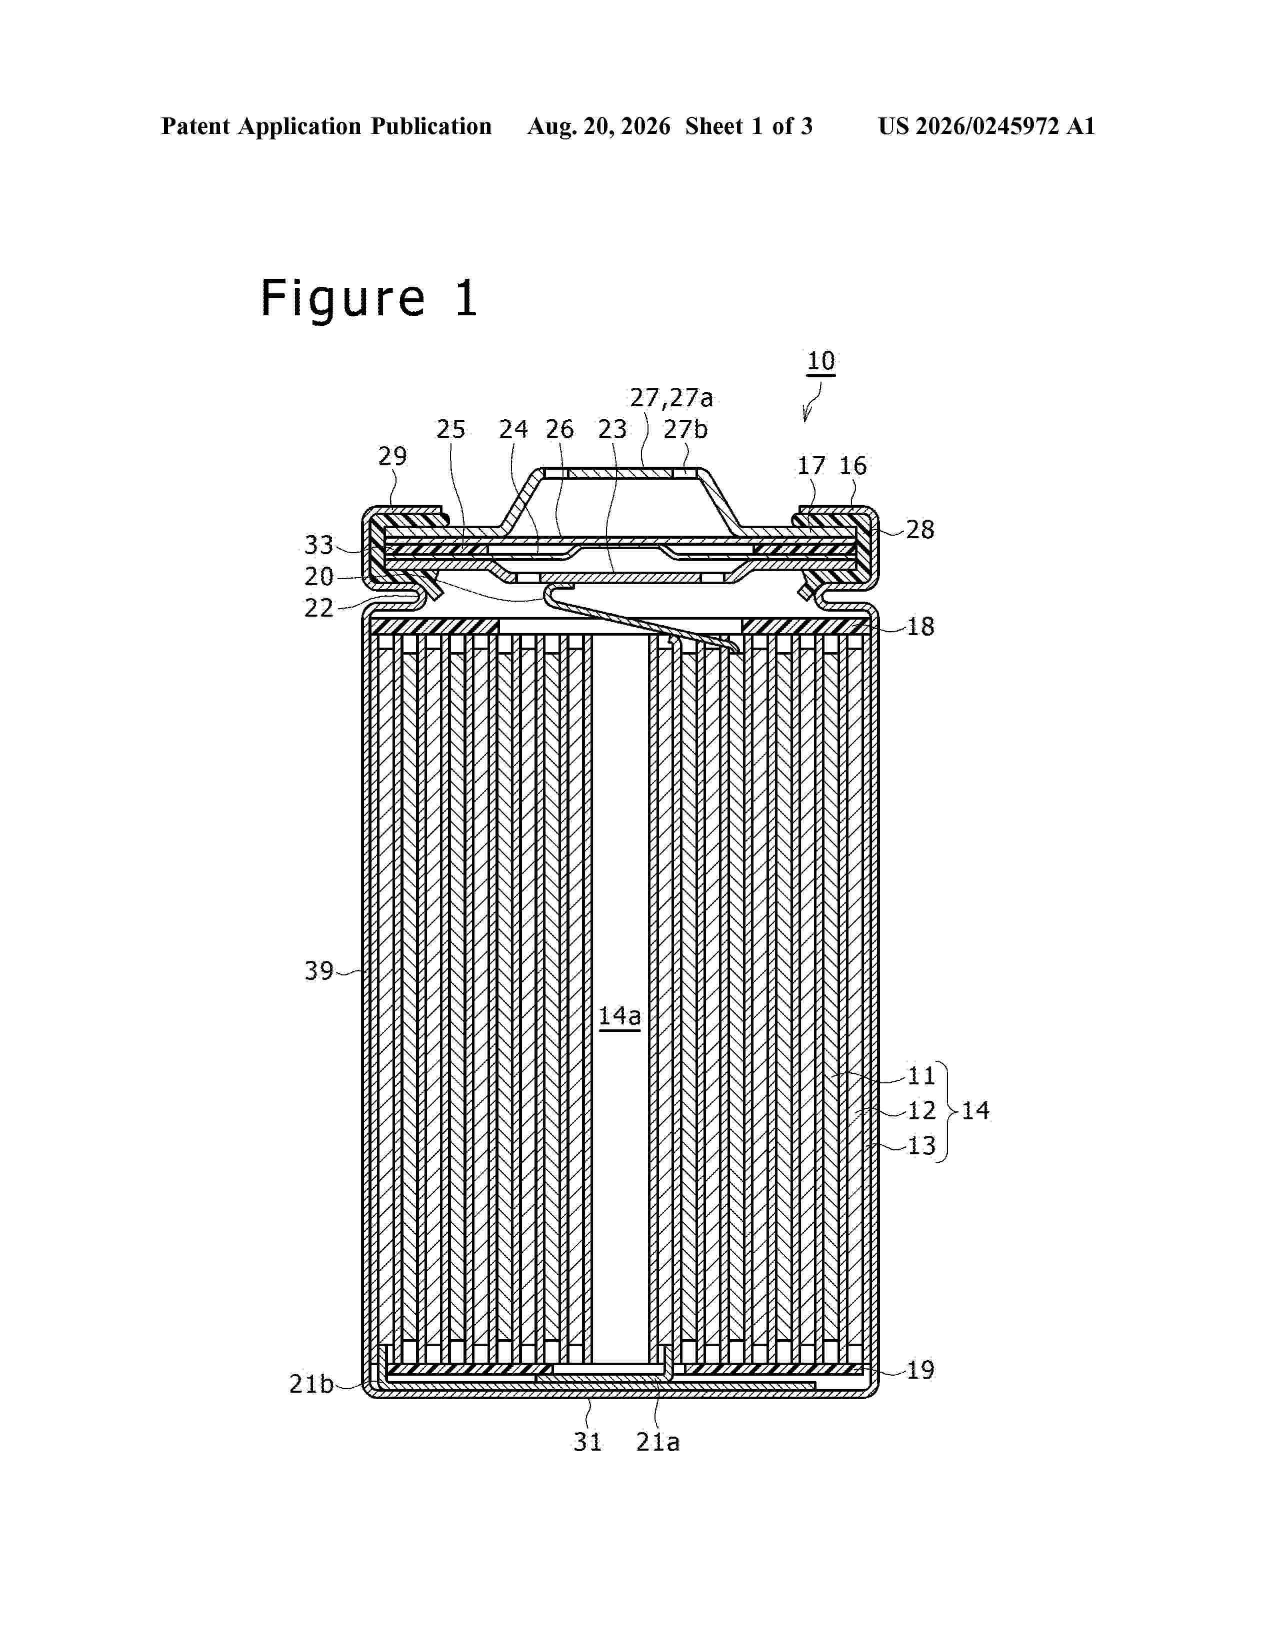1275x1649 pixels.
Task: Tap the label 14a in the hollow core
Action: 619,1016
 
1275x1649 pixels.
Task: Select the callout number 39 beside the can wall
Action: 319,971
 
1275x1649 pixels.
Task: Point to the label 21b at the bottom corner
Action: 311,1384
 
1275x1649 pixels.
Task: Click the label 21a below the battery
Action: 658,1442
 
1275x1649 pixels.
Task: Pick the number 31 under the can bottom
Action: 587,1442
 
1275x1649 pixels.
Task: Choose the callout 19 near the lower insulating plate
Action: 920,1370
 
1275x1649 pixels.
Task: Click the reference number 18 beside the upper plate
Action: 920,627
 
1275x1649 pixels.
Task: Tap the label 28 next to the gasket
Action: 920,529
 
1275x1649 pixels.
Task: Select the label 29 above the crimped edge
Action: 392,456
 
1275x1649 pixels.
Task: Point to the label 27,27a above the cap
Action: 671,398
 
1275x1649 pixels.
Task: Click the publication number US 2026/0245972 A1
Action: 986,126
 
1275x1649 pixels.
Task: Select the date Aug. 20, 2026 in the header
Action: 599,126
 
